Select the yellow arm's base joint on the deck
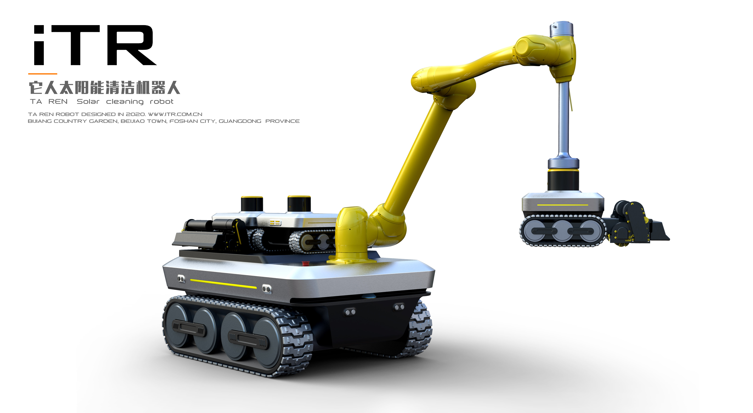[351, 234]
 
